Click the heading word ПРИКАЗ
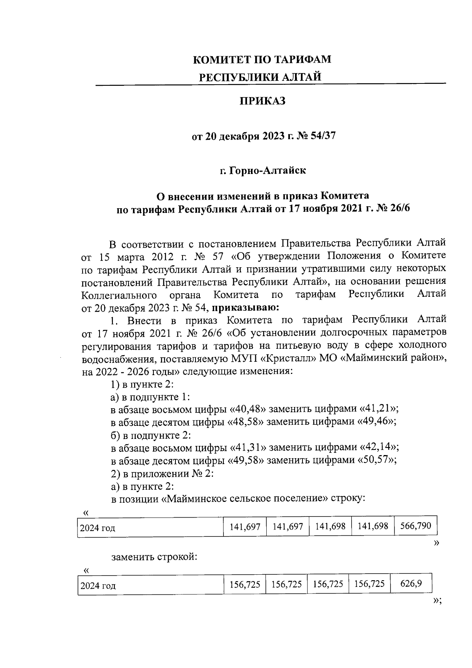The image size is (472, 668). coord(262,102)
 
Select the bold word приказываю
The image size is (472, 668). coord(245,307)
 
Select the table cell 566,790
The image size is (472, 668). coord(415,526)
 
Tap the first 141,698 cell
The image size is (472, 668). coord(330,526)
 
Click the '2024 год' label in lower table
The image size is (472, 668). coord(98,586)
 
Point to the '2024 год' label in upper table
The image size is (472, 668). coord(97,528)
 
